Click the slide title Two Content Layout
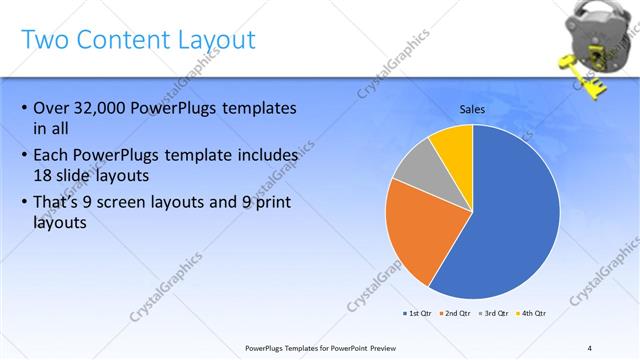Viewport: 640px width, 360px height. pyautogui.click(x=138, y=40)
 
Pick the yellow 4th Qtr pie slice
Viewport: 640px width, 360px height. pyautogui.click(x=453, y=145)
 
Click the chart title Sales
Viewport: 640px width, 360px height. pyautogui.click(x=474, y=108)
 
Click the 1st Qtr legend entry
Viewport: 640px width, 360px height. pyautogui.click(x=417, y=313)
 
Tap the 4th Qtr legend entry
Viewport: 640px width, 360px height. pyautogui.click(x=531, y=313)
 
